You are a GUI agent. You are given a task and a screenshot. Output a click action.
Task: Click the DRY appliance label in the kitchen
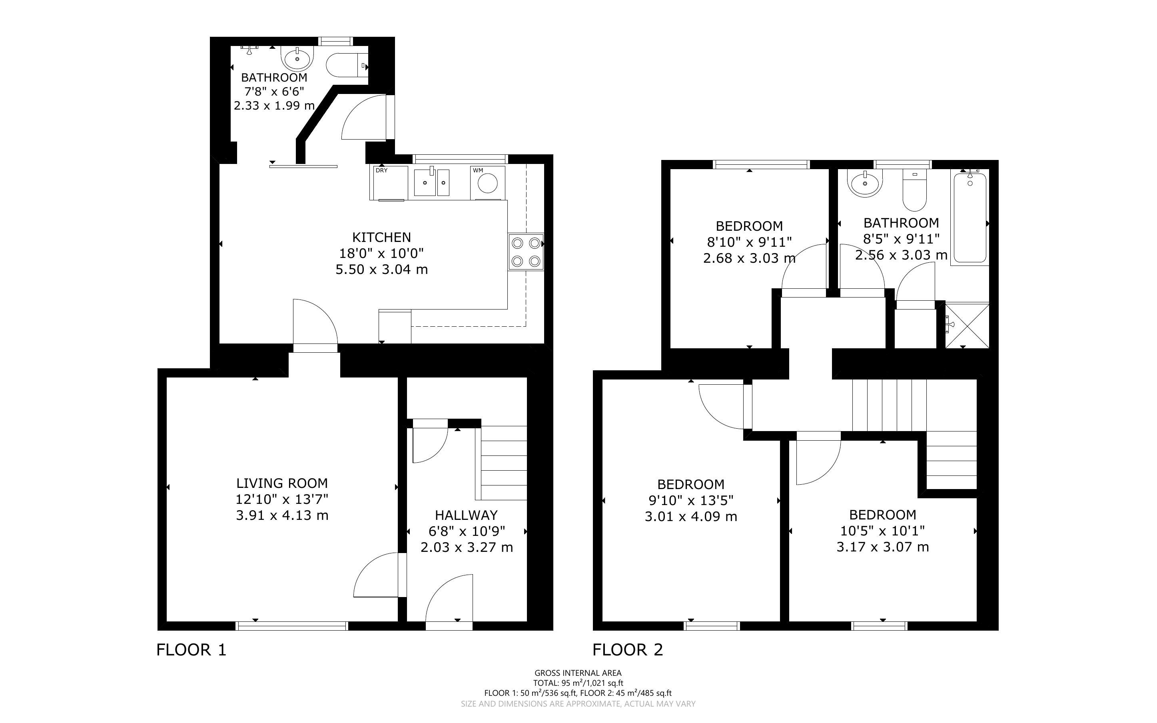click(381, 170)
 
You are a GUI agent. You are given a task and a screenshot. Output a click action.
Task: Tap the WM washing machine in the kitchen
click(487, 183)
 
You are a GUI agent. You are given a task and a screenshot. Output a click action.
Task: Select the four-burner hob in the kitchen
click(526, 252)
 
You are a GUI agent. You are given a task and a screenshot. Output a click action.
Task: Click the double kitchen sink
click(431, 182)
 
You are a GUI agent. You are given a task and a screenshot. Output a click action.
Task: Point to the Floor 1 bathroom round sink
click(298, 58)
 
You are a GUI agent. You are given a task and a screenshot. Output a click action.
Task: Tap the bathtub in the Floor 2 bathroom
click(969, 218)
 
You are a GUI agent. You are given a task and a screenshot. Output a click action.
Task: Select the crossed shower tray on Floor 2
click(967, 325)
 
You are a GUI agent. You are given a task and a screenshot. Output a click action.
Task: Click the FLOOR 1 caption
click(191, 650)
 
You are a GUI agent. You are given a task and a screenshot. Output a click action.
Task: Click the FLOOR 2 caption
click(628, 650)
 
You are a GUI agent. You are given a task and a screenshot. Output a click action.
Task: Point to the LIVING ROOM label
click(282, 483)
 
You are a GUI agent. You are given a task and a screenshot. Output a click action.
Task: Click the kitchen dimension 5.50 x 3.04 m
click(381, 269)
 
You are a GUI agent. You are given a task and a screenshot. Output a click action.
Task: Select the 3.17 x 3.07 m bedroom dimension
click(883, 547)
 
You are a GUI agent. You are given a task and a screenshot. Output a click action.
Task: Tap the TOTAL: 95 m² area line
click(578, 683)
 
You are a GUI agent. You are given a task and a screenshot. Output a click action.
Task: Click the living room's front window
click(293, 626)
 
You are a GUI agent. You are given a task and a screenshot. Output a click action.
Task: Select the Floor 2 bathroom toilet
click(915, 191)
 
